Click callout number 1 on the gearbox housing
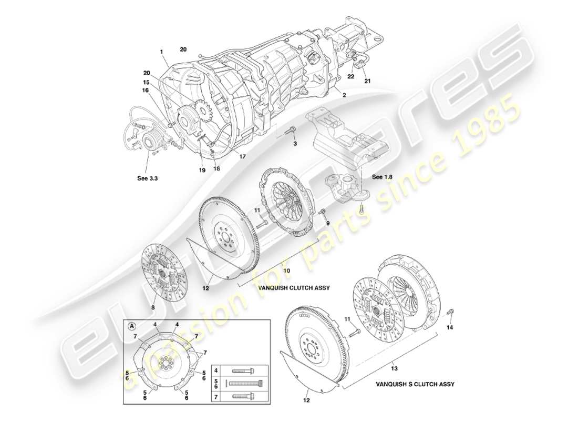tap(162, 52)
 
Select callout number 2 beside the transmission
tap(344, 96)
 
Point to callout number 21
tap(368, 81)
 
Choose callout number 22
tap(351, 76)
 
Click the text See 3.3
tap(147, 178)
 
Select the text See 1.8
tap(382, 177)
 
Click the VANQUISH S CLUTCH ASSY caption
tap(415, 384)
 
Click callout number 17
tap(242, 156)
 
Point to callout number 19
tap(202, 170)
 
